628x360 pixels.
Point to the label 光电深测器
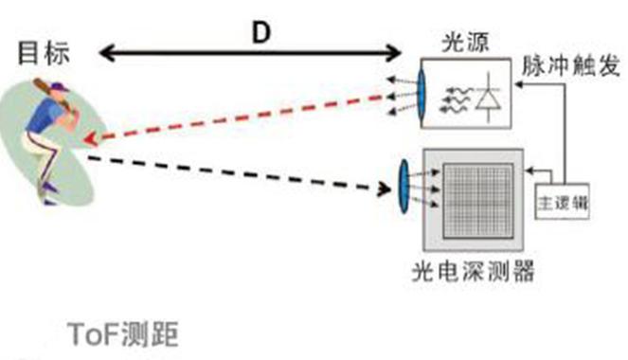tap(473, 274)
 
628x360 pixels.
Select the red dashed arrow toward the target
tap(237, 118)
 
